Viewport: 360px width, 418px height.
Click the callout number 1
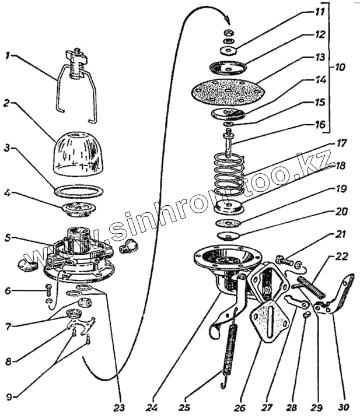7,57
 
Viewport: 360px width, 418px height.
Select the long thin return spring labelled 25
232,350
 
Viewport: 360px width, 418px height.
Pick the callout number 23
119,406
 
